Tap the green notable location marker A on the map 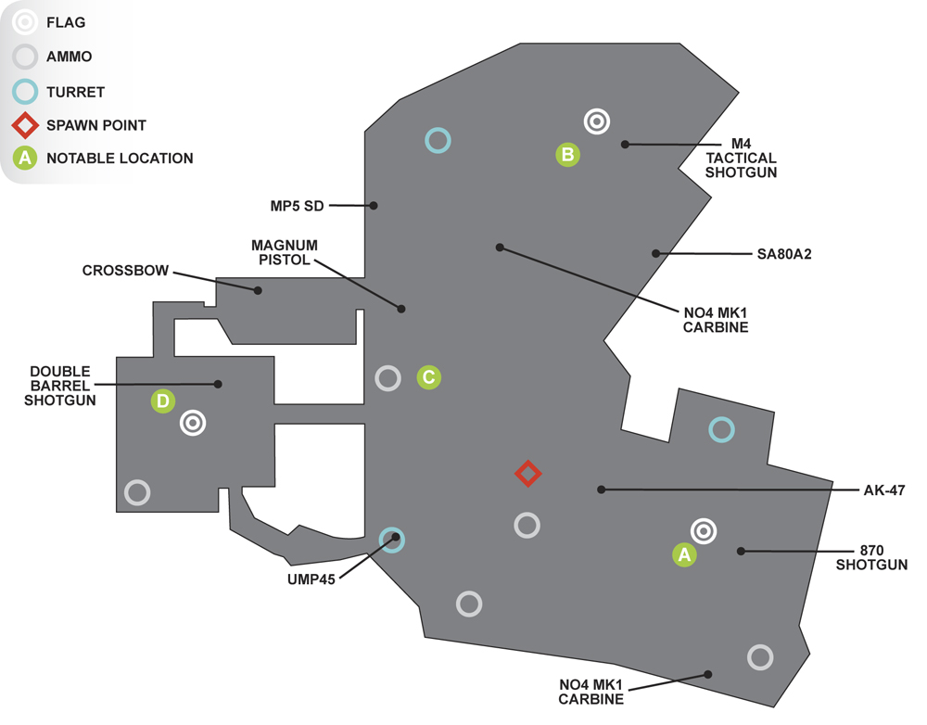point(684,554)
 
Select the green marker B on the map point(567,154)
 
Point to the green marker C point(428,376)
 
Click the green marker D point(162,401)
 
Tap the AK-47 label point(883,490)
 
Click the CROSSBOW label point(125,270)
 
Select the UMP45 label point(311,579)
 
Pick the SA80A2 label point(784,254)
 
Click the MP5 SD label point(297,206)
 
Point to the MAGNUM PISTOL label point(285,252)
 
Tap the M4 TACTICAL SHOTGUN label point(741,158)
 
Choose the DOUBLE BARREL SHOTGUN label point(59,386)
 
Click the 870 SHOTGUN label point(871,557)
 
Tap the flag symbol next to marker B point(596,121)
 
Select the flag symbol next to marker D point(193,423)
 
